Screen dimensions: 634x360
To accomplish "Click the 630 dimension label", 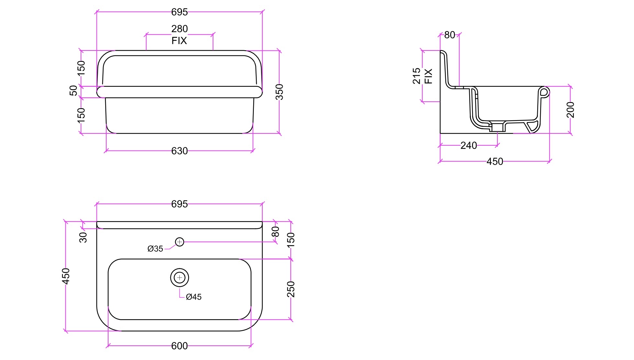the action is (179, 151).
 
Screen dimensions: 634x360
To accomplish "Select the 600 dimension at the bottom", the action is (179, 346).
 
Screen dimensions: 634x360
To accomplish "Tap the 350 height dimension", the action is (279, 92).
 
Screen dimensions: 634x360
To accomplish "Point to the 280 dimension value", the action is (179, 29).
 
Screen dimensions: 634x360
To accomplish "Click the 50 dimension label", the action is (74, 91).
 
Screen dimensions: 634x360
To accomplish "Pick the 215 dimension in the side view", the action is (417, 76).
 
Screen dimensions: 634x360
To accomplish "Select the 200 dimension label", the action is (571, 110).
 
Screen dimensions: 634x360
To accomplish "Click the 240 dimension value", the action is (469, 145).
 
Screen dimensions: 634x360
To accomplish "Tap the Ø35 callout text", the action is (155, 249).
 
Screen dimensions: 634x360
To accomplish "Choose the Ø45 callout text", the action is (194, 297).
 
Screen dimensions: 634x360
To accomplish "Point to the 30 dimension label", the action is (83, 237).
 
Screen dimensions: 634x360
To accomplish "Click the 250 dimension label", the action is (291, 289).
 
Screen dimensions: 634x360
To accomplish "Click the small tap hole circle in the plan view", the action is (179, 242).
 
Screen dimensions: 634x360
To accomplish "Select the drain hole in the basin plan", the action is (179, 277).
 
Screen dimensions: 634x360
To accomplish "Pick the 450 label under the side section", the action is (495, 162).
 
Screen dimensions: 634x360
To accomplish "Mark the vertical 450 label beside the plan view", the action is (66, 276).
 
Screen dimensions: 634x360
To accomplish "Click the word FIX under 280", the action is (179, 41).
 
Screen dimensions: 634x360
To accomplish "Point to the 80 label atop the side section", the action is (450, 35).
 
